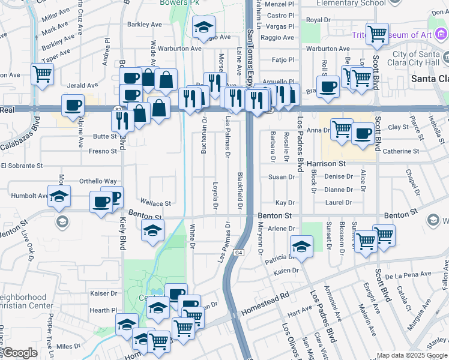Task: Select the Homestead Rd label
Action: click(x=265, y=304)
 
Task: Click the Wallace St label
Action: click(x=155, y=202)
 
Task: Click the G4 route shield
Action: click(x=239, y=254)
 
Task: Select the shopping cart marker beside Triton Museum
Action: click(x=377, y=34)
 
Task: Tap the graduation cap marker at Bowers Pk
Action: click(x=203, y=28)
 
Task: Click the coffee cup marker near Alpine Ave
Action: click(x=73, y=105)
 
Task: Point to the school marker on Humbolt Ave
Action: click(x=59, y=196)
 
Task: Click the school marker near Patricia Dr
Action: click(x=301, y=246)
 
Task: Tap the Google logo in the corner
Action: click(x=20, y=353)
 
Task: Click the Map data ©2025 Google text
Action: click(x=412, y=356)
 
